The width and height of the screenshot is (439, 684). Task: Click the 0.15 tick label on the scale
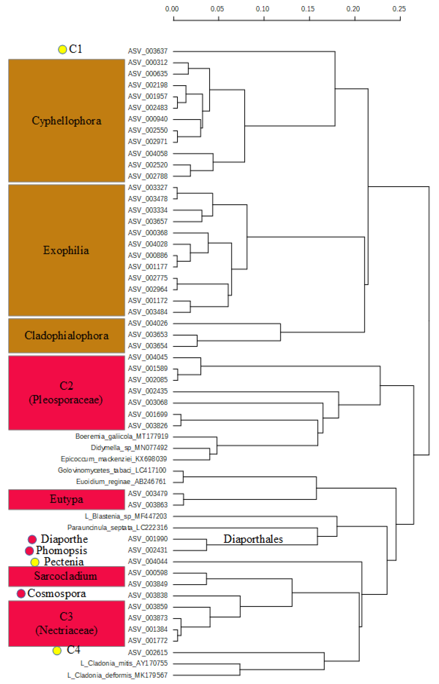(x=308, y=9)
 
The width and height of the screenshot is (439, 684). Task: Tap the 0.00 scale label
(x=172, y=9)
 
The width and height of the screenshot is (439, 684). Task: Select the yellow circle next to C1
(x=62, y=50)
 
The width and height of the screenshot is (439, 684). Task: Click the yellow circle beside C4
(x=57, y=650)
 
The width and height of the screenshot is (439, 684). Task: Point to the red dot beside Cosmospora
(x=21, y=593)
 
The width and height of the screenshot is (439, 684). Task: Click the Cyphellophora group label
(x=67, y=121)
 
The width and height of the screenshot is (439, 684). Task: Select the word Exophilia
(x=66, y=250)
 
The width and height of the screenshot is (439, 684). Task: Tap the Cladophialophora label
(x=67, y=336)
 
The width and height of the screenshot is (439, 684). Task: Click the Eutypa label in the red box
(x=67, y=499)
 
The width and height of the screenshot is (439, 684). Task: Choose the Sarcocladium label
(x=66, y=576)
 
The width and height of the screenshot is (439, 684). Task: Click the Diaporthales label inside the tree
(x=253, y=539)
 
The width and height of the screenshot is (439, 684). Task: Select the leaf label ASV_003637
(x=148, y=51)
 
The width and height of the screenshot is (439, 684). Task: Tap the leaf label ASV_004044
(x=148, y=561)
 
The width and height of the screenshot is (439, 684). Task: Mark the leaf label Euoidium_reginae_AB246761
(x=121, y=482)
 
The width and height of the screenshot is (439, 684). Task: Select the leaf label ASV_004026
(x=148, y=323)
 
